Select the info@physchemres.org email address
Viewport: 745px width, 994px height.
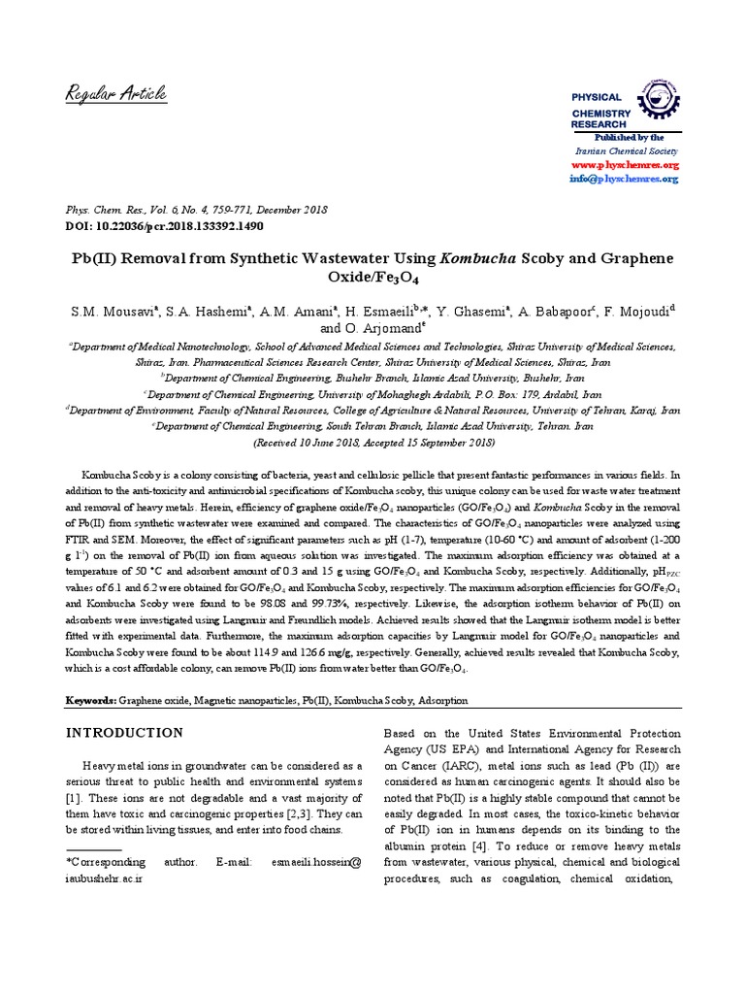click(624, 180)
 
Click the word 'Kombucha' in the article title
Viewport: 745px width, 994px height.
click(479, 260)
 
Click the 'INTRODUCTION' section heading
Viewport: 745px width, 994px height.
click(123, 732)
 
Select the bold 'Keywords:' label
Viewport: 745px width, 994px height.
click(90, 700)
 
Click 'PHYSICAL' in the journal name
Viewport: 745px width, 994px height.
click(596, 98)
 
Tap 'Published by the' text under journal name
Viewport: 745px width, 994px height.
click(630, 138)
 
